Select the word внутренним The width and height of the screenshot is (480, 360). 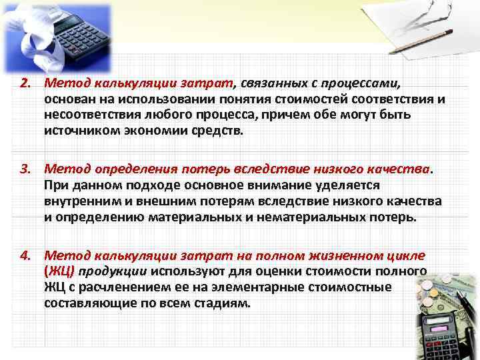pyautogui.click(x=79, y=201)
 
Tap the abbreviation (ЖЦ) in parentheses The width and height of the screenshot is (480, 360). pyautogui.click(x=59, y=271)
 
